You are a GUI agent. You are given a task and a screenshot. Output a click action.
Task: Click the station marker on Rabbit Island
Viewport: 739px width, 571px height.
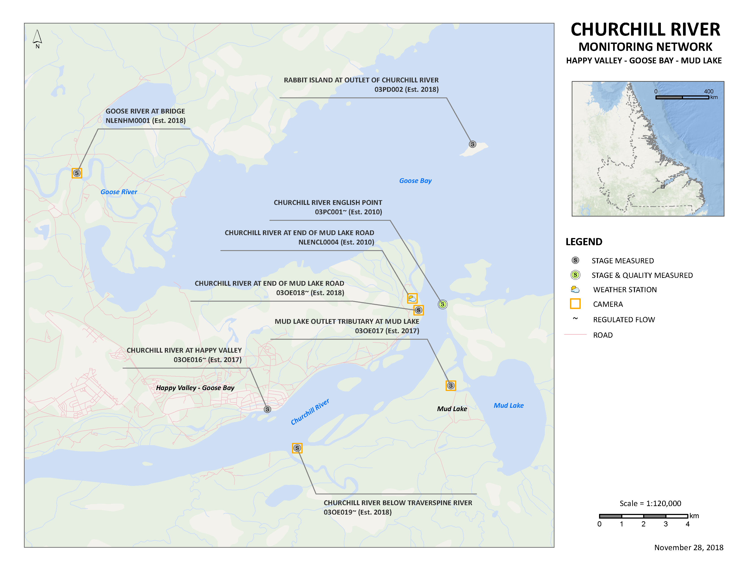pyautogui.click(x=472, y=144)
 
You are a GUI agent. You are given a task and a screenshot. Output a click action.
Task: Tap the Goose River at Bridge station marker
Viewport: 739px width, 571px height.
pyautogui.click(x=77, y=173)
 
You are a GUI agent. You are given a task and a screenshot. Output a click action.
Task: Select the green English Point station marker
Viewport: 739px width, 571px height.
pyautogui.click(x=442, y=304)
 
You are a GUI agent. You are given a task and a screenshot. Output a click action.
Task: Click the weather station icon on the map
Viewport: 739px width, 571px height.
pyautogui.click(x=412, y=298)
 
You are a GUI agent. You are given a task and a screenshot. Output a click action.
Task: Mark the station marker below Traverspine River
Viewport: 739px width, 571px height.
pyautogui.click(x=297, y=448)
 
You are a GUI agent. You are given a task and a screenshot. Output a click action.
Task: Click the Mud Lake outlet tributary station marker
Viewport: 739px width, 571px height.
pyautogui.click(x=450, y=386)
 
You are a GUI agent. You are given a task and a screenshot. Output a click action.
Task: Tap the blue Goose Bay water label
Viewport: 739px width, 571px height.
pyautogui.click(x=415, y=181)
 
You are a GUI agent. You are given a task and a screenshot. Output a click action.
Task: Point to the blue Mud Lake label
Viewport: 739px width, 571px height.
pyautogui.click(x=508, y=405)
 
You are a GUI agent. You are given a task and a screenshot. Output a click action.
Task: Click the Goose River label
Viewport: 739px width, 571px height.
pyautogui.click(x=119, y=192)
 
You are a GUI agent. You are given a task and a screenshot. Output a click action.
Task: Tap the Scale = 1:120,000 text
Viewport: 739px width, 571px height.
pyautogui.click(x=650, y=503)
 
